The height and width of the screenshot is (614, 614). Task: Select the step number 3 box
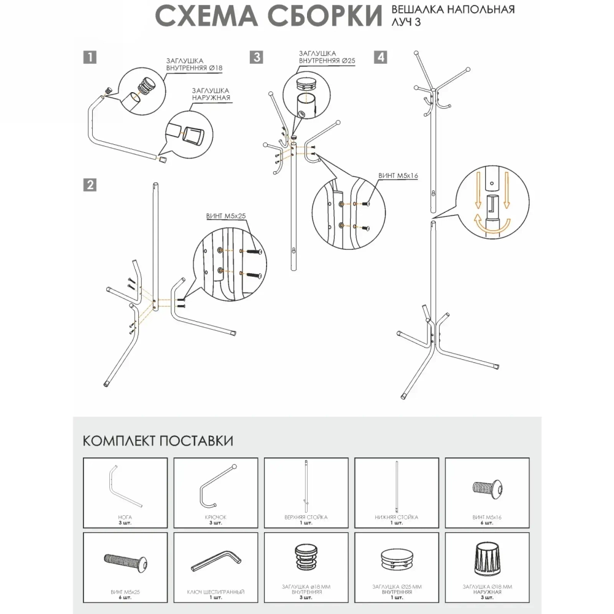click(x=256, y=58)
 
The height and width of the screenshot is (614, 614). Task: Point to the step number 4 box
click(x=381, y=58)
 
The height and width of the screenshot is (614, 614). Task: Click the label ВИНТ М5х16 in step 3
click(x=399, y=175)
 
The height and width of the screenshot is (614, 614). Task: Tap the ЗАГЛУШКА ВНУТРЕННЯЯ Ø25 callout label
click(x=327, y=57)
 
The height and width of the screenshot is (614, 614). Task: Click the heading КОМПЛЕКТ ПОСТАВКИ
click(x=158, y=441)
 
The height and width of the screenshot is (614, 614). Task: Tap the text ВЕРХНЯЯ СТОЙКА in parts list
click(x=306, y=518)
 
